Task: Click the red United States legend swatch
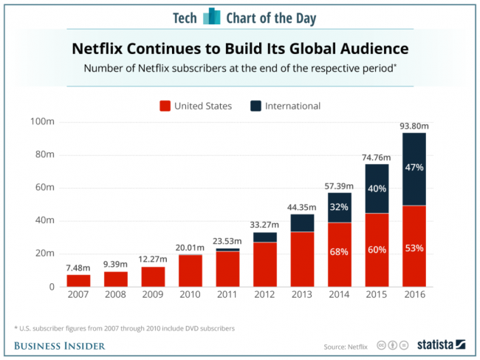coord(165,106)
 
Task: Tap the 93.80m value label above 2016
coord(414,126)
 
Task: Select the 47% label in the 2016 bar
coord(414,168)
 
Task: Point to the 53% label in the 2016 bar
coord(414,248)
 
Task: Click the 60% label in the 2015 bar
coord(377,250)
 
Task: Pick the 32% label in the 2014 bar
coord(340,207)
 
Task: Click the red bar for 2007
coord(79,281)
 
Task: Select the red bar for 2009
coord(154,276)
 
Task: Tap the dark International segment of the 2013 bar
coord(303,223)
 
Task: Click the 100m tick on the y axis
coord(42,121)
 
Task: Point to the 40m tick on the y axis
coord(44,220)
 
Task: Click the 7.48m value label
coord(79,267)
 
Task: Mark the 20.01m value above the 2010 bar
coord(191,247)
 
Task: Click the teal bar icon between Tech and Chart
coord(212,16)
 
